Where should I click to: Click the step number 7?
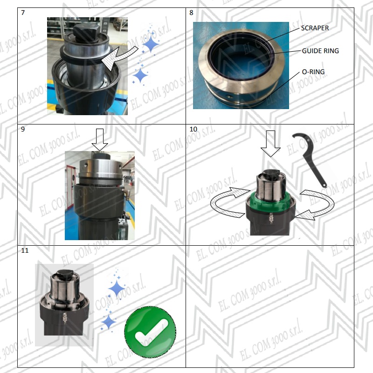pyautogui.click(x=23, y=13)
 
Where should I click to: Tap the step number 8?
pyautogui.click(x=191, y=13)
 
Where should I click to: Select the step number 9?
pyautogui.click(x=23, y=129)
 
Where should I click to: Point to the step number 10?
pyautogui.click(x=193, y=129)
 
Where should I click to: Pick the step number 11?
pyautogui.click(x=25, y=250)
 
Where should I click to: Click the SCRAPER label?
pyautogui.click(x=315, y=28)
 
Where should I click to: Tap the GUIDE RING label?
pyautogui.click(x=320, y=51)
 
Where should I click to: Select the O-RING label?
pyautogui.click(x=313, y=72)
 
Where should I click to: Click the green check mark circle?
pyautogui.click(x=150, y=332)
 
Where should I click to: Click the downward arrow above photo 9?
pyautogui.click(x=100, y=140)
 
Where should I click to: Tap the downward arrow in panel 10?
pyautogui.click(x=270, y=144)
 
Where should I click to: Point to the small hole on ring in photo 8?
pyautogui.click(x=229, y=97)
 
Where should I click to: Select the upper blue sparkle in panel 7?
pyautogui.click(x=151, y=44)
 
